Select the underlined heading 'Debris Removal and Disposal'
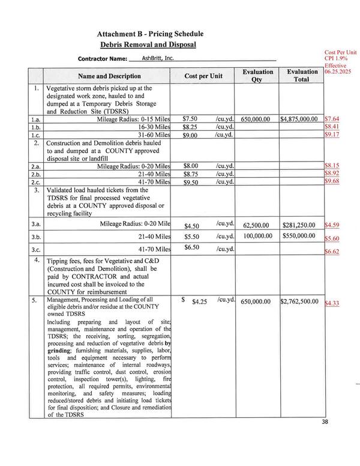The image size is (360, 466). tap(148, 45)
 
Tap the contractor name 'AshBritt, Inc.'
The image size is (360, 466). tap(157, 58)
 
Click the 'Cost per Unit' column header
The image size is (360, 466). tap(203, 76)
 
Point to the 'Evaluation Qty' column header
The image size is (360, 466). tap(257, 76)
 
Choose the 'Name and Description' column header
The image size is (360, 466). tap(109, 76)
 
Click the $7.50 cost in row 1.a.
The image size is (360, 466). tap(190, 119)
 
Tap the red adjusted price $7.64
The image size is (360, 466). tap(332, 119)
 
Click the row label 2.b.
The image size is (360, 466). tap(36, 173)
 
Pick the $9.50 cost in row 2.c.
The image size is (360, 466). tap(191, 181)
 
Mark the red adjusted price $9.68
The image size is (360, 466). tap(332, 181)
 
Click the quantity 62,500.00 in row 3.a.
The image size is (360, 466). tap(257, 224)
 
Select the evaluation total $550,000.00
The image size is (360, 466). tap(299, 235)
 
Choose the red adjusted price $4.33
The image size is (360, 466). tap(332, 303)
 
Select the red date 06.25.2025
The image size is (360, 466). tap(340, 71)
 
